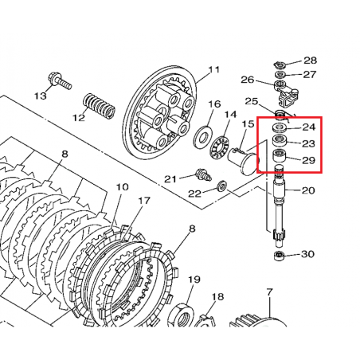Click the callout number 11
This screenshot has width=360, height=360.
(213, 71)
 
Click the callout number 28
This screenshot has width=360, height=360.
(310, 61)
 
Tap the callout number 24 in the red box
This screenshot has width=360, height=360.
(309, 127)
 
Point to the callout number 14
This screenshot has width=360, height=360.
(230, 115)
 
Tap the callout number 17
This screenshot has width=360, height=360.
(144, 201)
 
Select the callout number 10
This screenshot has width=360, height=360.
(122, 188)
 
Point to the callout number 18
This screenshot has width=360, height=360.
(217, 297)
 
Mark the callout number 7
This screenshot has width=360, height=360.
(270, 293)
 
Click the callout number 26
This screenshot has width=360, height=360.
(247, 80)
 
